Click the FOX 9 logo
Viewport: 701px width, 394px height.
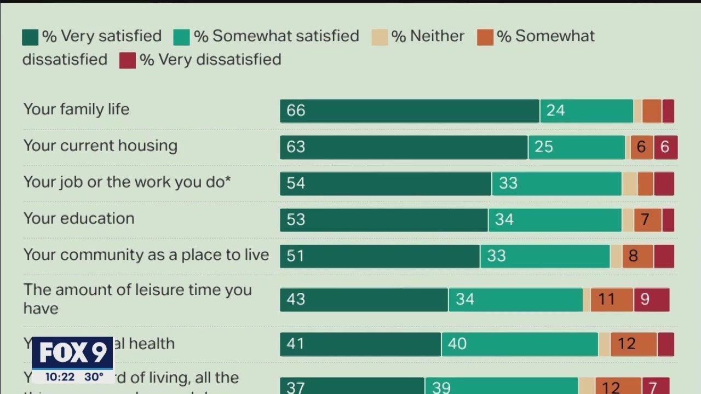[72, 353]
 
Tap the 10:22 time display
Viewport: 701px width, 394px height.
[60, 377]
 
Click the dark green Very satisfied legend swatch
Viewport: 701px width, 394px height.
[30, 37]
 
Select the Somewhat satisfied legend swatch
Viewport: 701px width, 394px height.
[182, 37]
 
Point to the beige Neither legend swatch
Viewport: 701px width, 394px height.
[379, 37]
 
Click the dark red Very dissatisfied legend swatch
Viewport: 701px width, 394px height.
[127, 60]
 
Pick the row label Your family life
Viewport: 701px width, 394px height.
[76, 109]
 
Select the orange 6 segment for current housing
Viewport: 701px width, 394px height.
[641, 147]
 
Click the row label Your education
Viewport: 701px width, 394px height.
[79, 218]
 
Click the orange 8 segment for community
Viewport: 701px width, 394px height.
[637, 256]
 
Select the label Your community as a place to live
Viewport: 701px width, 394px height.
[146, 255]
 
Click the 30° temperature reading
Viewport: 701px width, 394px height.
[94, 377]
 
